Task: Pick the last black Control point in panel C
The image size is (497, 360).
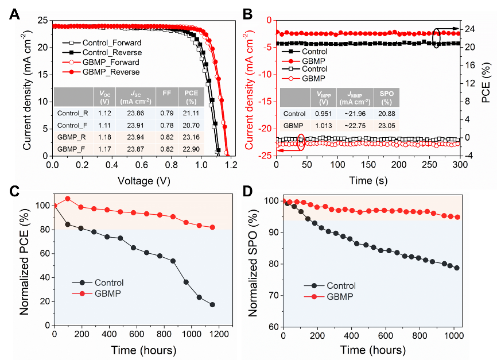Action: pyautogui.click(x=212, y=304)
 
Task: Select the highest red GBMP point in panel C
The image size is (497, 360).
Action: pyautogui.click(x=68, y=199)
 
